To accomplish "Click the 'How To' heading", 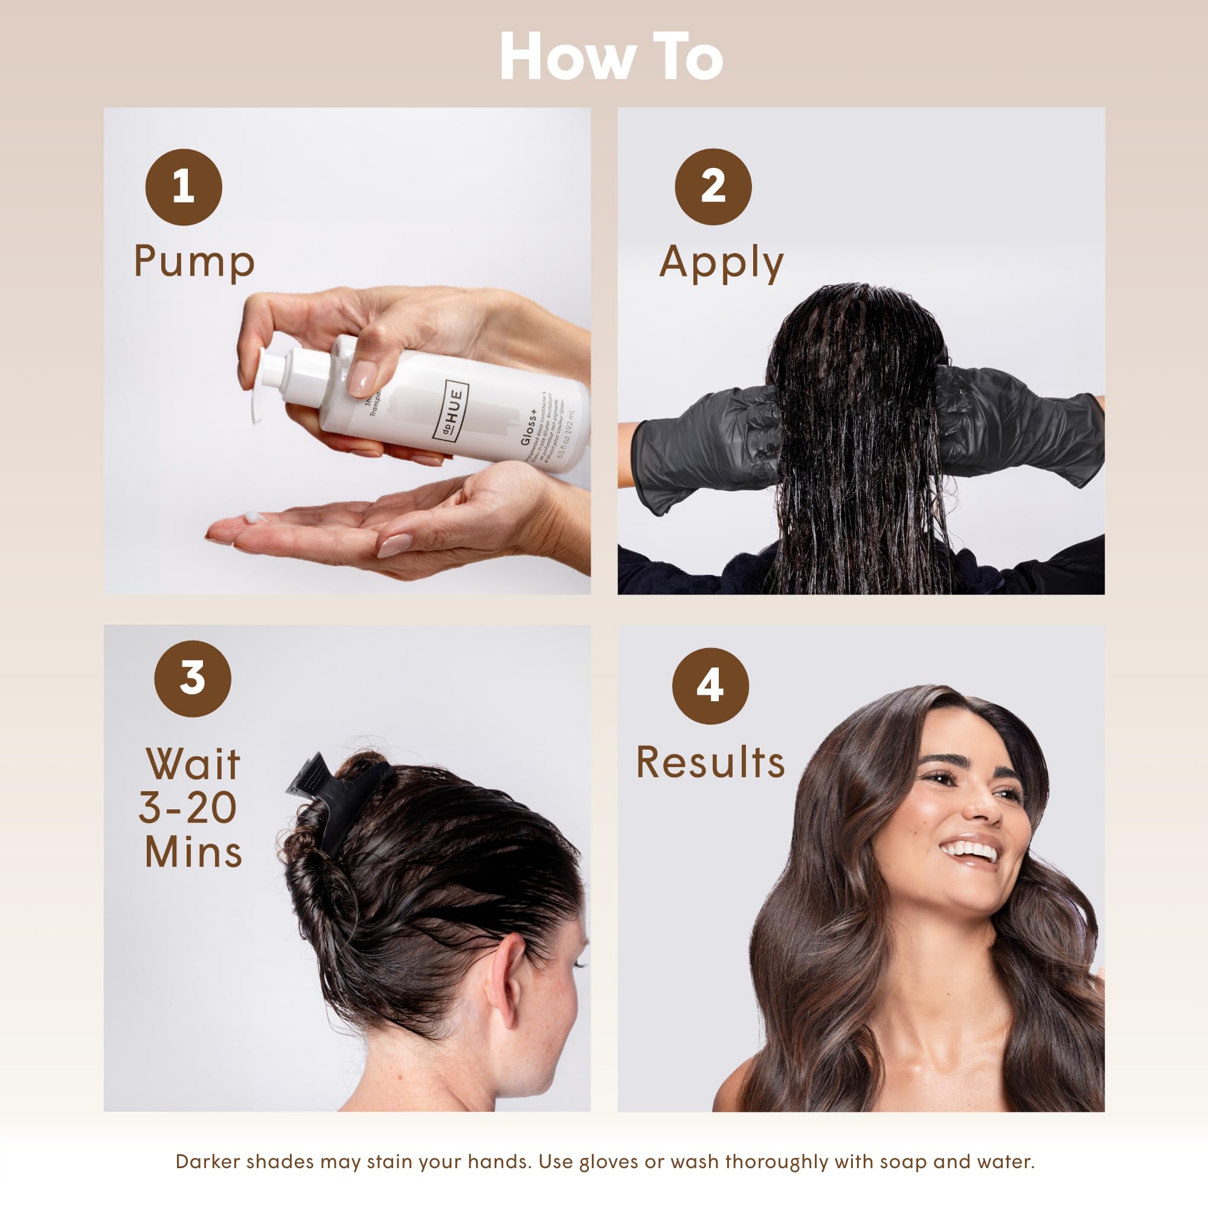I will (611, 57).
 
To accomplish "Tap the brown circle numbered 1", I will (183, 187).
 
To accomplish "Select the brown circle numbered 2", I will (713, 187).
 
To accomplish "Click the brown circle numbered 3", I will (193, 678).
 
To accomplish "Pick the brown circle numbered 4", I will (710, 686).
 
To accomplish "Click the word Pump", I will (194, 262).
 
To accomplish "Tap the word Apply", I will (721, 263).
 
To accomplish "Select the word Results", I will (710, 763).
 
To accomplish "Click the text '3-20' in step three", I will (188, 807).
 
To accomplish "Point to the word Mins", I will (193, 852).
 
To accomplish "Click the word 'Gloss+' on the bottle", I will (529, 428).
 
